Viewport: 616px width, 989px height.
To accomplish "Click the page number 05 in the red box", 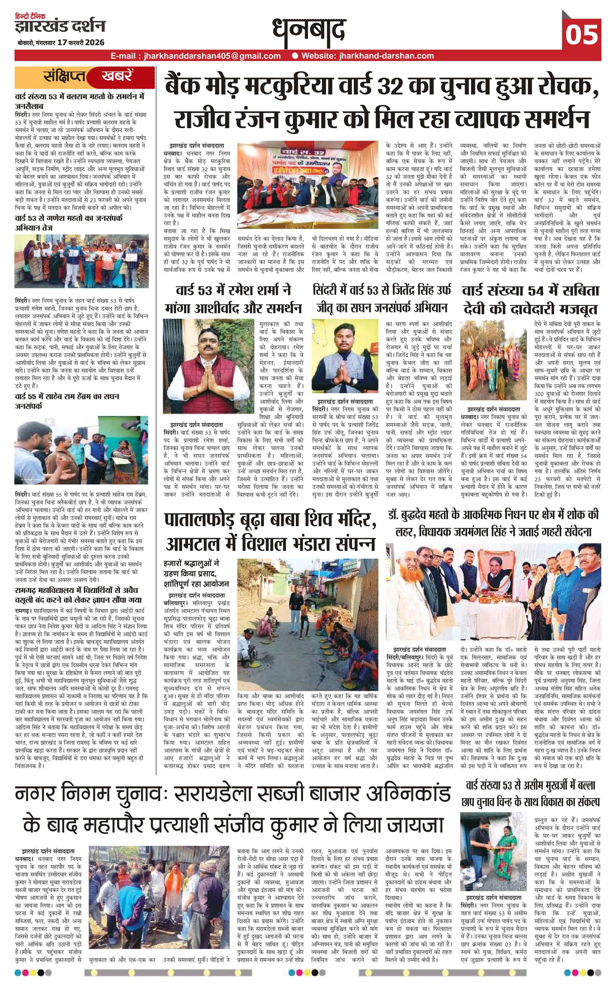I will click(581, 34).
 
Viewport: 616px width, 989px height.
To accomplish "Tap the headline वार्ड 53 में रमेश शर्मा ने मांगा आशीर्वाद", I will click(233, 299).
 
